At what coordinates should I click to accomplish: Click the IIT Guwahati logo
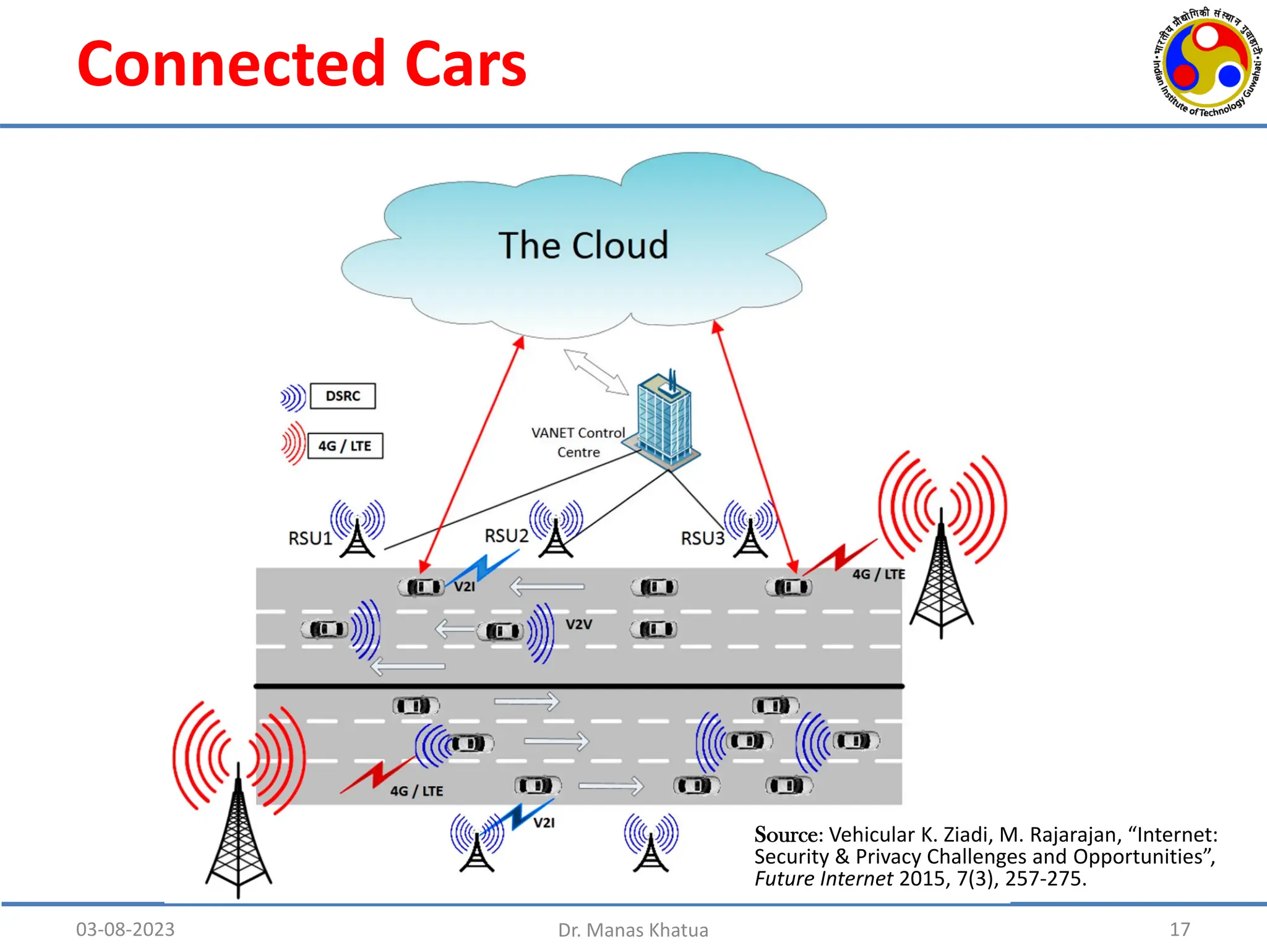[1207, 62]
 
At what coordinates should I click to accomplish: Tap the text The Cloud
[583, 245]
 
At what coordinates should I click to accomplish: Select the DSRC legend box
[343, 396]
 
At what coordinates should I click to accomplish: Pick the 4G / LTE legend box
[345, 446]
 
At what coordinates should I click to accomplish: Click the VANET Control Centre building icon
[664, 421]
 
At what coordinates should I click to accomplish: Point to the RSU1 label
[310, 538]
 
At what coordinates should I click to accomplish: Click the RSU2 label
[506, 536]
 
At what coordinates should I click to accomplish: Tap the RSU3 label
[702, 538]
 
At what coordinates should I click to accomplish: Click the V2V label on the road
[579, 625]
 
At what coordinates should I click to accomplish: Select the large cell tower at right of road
[942, 575]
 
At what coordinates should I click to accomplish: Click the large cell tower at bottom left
[239, 835]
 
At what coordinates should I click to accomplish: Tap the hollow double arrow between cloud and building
[596, 372]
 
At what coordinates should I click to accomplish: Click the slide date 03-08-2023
[125, 929]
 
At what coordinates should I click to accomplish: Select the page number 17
[1180, 929]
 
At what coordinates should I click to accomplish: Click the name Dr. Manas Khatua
[633, 930]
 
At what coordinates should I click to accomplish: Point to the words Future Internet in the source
[823, 879]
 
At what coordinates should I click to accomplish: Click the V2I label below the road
[544, 823]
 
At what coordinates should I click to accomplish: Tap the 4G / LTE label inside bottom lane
[416, 791]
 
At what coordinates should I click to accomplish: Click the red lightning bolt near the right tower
[840, 557]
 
